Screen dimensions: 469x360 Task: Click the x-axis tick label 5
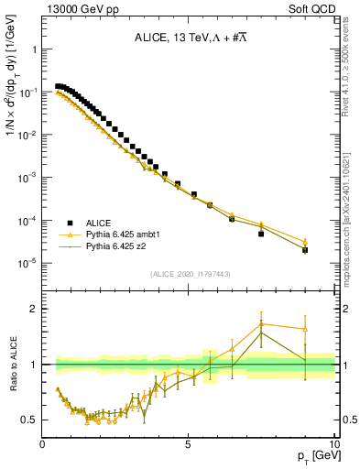coord(188,444)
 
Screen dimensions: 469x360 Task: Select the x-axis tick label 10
coord(333,444)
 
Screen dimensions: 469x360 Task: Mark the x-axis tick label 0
coord(42,444)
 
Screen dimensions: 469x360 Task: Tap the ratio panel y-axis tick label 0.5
coord(28,420)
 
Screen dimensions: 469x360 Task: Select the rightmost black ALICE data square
coord(305,249)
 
